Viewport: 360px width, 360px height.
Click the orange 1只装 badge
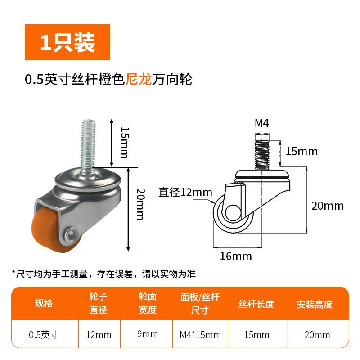tap(67, 42)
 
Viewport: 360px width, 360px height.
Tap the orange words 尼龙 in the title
tap(139, 80)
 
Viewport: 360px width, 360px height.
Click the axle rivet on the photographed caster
tap(71, 234)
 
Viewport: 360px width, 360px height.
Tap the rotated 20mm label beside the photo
tap(140, 204)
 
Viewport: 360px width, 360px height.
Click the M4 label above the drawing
tap(262, 123)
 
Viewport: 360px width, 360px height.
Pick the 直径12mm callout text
tap(185, 193)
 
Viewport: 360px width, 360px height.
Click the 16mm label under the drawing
tap(236, 256)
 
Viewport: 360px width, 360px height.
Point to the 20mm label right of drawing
tap(328, 206)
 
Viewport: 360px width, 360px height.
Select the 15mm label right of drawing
tap(301, 152)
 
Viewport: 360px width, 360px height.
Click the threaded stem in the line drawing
tap(262, 155)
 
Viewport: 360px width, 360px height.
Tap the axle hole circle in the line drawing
tap(233, 212)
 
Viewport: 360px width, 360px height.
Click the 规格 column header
tap(44, 303)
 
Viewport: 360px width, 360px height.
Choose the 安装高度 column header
tap(315, 305)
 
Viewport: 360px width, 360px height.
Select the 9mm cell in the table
tap(148, 334)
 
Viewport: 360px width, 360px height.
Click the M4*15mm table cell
tap(200, 335)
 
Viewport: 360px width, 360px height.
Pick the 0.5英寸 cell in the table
tap(44, 335)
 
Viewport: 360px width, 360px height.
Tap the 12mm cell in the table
tap(99, 335)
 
